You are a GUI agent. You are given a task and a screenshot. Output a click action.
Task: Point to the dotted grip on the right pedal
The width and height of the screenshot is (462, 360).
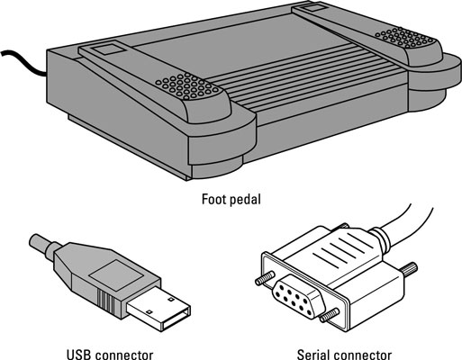tap(404, 38)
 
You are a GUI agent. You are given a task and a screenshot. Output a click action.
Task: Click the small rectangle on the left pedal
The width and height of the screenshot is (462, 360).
tap(106, 49)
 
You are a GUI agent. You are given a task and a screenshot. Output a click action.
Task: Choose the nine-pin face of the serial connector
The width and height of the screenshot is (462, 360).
tap(299, 295)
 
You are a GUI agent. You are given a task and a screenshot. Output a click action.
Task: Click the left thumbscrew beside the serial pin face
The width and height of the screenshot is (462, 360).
tap(265, 278)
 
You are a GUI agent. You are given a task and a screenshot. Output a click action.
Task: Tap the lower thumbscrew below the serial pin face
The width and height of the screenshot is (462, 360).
tap(330, 315)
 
